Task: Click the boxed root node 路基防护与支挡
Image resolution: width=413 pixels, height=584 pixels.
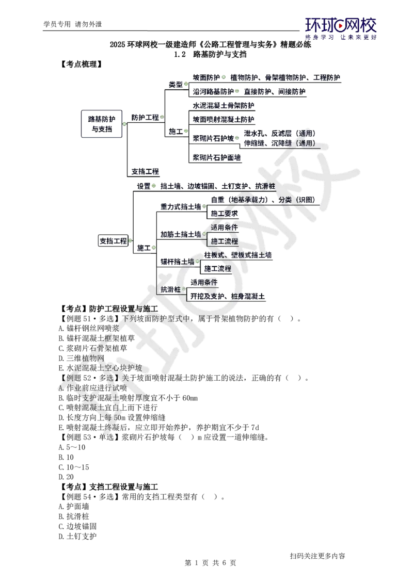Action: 101,123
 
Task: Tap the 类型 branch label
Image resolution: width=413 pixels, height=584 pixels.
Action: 176,84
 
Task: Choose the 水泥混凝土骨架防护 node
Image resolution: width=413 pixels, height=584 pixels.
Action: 223,105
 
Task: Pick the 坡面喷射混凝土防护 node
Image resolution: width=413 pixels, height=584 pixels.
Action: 223,119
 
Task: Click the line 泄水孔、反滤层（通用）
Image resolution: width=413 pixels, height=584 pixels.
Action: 279,133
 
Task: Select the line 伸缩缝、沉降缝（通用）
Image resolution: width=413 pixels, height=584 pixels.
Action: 279,143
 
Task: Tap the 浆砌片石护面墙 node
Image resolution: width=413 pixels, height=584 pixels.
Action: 216,157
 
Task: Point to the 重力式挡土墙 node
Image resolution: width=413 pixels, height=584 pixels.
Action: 180,206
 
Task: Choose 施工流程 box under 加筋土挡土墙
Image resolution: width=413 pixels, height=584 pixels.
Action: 224,241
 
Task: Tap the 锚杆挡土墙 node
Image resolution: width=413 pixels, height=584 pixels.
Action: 177,262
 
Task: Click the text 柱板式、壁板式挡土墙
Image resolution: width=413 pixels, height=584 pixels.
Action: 238,255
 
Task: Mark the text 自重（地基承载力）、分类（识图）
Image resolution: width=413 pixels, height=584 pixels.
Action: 262,199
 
